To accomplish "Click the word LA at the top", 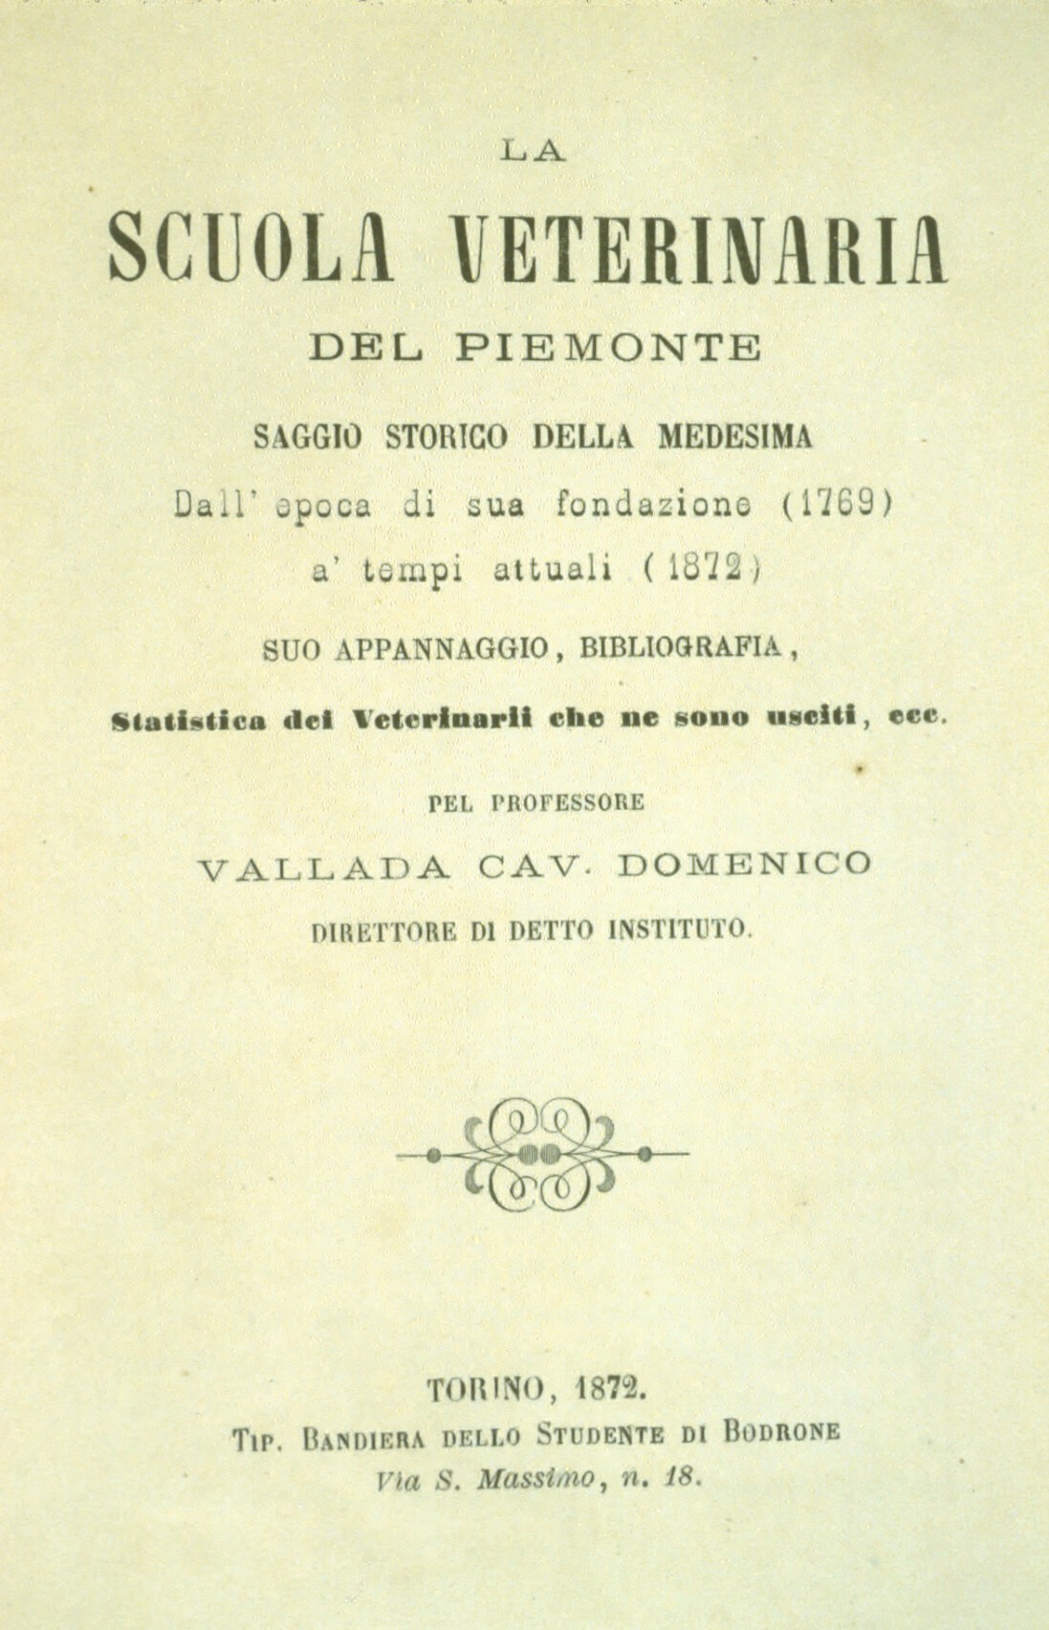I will [534, 152].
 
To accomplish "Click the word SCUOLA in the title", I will [250, 249].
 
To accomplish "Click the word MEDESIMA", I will [734, 437].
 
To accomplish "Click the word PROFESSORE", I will [567, 803].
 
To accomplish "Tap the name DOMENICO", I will [745, 864].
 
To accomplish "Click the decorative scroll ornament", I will [542, 1154].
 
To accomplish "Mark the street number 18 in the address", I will [683, 1479].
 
